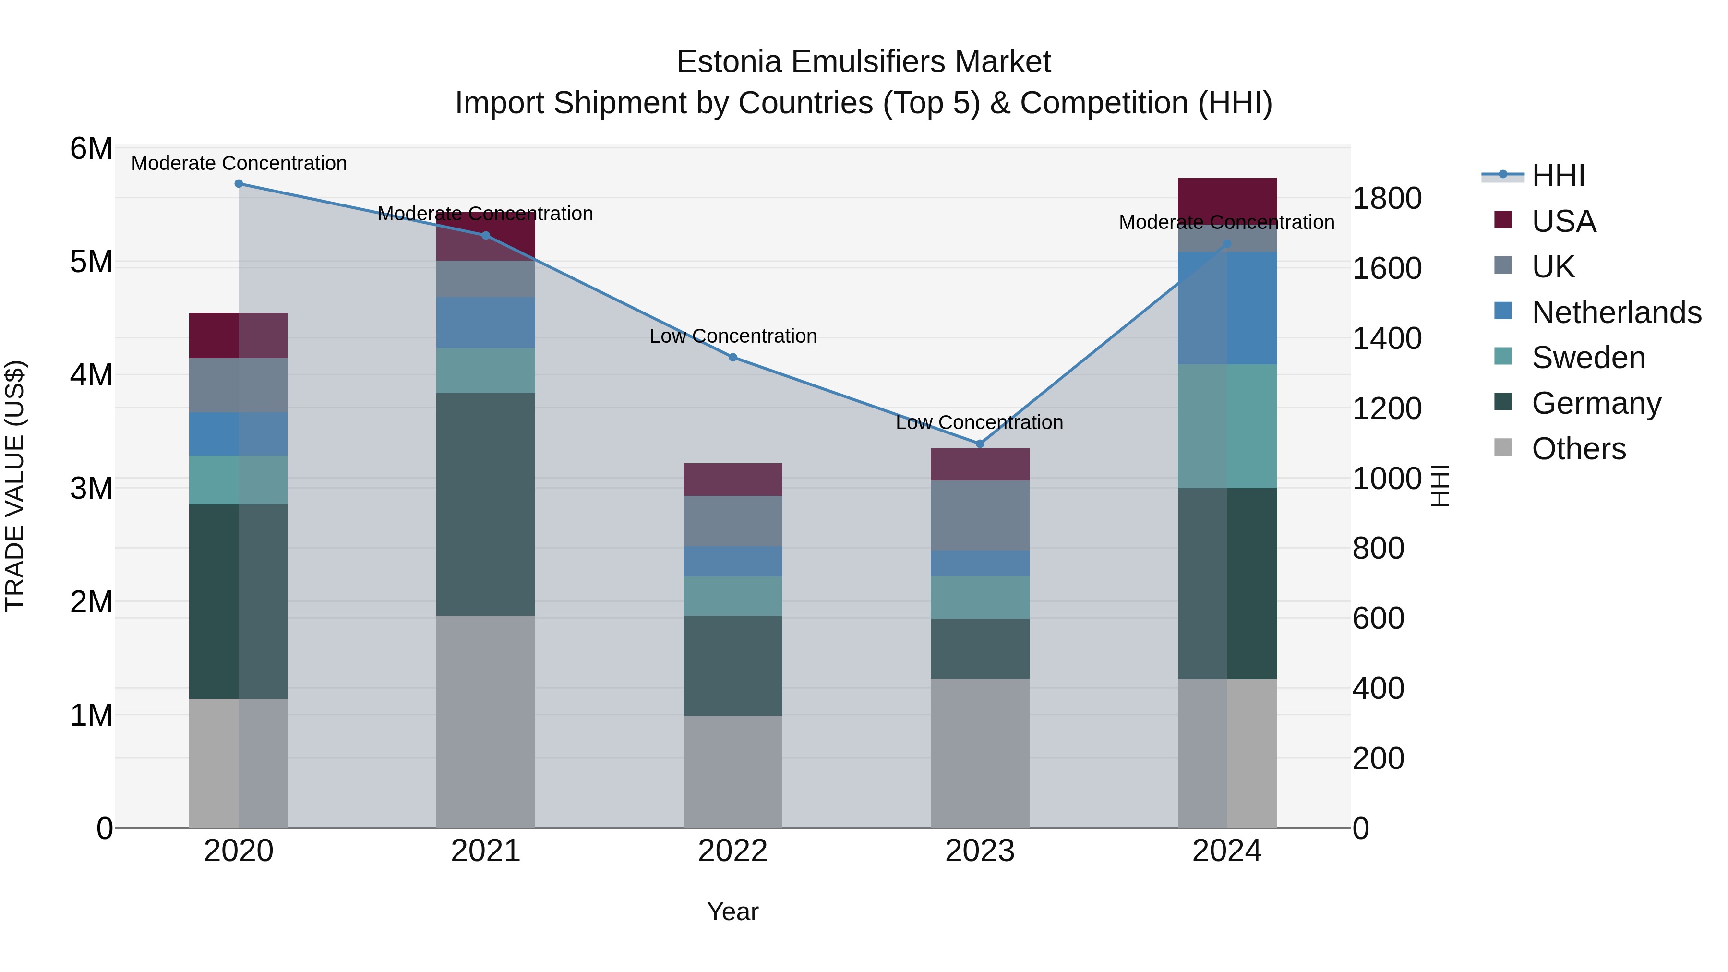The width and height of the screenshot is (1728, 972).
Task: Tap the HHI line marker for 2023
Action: pos(979,444)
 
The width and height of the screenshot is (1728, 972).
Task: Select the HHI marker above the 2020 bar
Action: pos(239,184)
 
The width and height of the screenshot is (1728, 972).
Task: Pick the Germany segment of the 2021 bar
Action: pos(486,504)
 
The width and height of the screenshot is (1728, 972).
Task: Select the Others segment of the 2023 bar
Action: pos(979,753)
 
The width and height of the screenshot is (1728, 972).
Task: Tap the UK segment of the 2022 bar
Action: pos(732,521)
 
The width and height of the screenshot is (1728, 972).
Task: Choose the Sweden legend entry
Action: pos(1588,358)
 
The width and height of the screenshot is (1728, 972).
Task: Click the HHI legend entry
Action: pos(1558,176)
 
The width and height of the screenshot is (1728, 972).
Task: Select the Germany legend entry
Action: pos(1596,403)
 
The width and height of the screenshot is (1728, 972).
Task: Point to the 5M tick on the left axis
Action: pos(91,262)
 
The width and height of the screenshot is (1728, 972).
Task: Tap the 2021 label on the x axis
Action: pos(486,851)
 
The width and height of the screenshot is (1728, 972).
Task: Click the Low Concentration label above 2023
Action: pos(979,422)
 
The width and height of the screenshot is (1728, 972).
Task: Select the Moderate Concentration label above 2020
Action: pos(239,163)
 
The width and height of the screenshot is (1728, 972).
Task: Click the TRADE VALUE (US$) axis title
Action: pos(15,486)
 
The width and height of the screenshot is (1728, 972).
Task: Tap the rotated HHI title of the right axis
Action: pos(1440,486)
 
